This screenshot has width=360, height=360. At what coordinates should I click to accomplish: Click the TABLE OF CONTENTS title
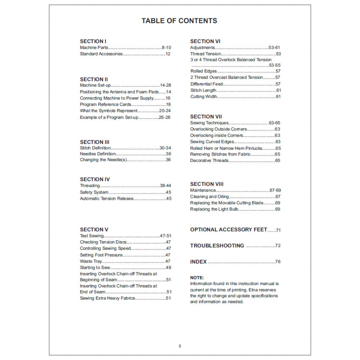(x=179, y=21)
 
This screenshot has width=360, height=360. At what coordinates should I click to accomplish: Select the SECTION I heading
(x=93, y=41)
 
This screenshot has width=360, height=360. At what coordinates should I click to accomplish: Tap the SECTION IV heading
(x=95, y=179)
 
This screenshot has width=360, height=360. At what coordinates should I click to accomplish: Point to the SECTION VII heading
(x=206, y=117)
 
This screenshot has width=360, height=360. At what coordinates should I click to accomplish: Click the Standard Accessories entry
(x=101, y=54)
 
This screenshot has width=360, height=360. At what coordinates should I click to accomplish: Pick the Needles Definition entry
(x=98, y=154)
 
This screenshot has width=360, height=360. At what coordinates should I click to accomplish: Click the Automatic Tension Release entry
(x=107, y=198)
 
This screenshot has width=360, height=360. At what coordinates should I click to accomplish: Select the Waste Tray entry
(x=91, y=261)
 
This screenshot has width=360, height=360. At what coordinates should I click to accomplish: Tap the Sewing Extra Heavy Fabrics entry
(x=108, y=298)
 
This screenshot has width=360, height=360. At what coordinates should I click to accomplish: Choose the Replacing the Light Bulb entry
(x=214, y=209)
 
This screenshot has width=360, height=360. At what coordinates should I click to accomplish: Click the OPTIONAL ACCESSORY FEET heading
(x=229, y=230)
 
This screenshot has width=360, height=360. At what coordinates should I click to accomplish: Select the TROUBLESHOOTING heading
(x=217, y=246)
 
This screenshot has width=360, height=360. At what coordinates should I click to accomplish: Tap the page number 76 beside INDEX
(x=278, y=262)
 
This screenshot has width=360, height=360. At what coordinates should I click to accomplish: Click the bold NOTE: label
(x=197, y=278)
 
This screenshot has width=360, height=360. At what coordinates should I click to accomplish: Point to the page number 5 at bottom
(x=180, y=346)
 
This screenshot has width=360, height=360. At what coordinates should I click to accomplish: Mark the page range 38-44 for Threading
(x=165, y=186)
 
